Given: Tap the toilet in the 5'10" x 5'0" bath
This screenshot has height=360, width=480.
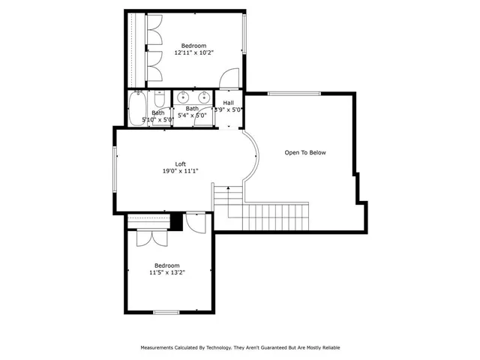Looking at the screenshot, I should coord(159,101).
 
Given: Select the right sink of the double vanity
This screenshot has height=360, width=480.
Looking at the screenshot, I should coord(203,97).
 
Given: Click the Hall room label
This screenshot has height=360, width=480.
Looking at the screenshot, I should coord(228,103).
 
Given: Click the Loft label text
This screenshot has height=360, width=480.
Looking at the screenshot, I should coord(180,164).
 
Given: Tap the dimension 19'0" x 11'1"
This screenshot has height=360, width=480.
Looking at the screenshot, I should coord(180,171).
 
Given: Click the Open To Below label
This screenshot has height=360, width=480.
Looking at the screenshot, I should coord(305,152).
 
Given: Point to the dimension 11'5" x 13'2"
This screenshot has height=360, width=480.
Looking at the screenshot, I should coord(166,272).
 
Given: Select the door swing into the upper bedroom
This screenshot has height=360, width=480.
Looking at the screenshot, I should coord(229,77).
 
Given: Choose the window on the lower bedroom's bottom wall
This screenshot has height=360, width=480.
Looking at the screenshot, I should coord(166,311).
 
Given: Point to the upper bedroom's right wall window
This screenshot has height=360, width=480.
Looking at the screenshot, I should coord(244,34).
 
